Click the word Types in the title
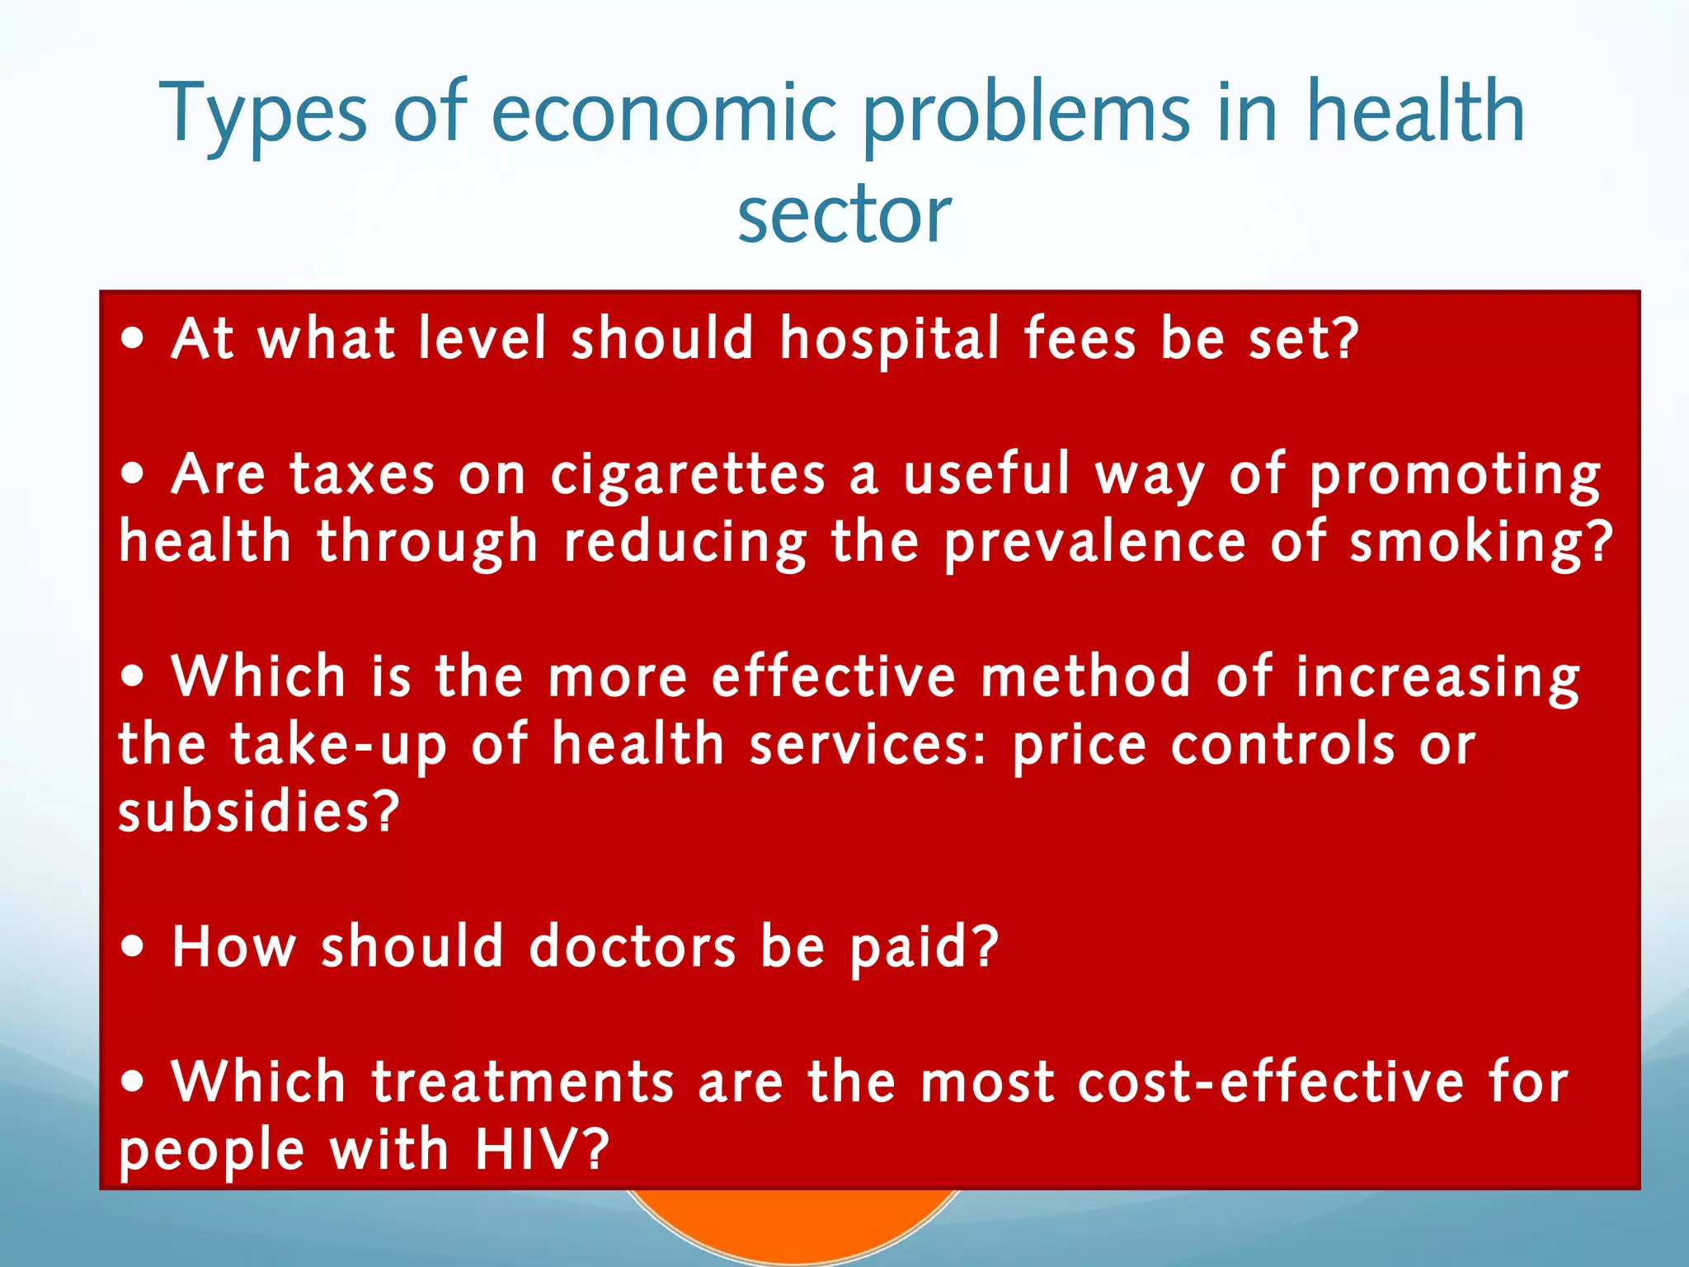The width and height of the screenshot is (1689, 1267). pyautogui.click(x=263, y=113)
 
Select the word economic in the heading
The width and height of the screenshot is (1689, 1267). pyautogui.click(x=665, y=113)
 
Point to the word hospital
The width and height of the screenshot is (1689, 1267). pyautogui.click(x=890, y=339)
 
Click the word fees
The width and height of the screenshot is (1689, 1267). pyautogui.click(x=1080, y=339)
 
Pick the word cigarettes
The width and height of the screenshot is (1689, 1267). pyautogui.click(x=688, y=477)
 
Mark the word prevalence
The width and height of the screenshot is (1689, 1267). pyautogui.click(x=1094, y=544)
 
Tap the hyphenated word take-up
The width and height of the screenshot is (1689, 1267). pyautogui.click(x=338, y=746)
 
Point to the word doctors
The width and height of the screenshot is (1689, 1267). pyautogui.click(x=632, y=946)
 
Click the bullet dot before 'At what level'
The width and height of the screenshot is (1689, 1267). pyautogui.click(x=133, y=339)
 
